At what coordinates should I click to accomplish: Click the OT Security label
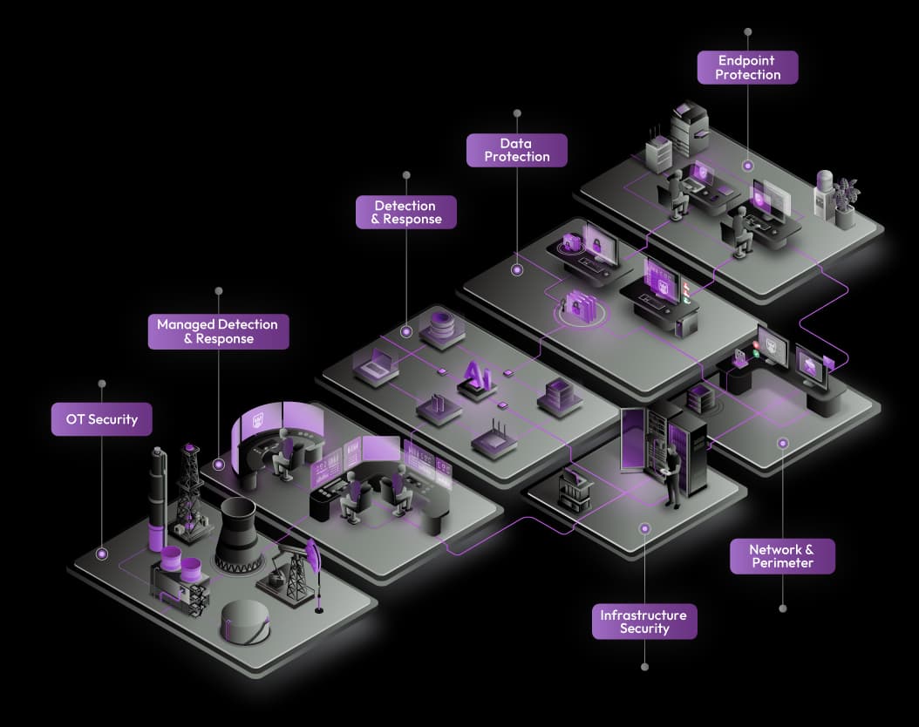(101, 419)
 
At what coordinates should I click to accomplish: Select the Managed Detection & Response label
(218, 331)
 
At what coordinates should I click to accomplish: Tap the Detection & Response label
(406, 212)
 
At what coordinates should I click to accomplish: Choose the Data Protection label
(516, 150)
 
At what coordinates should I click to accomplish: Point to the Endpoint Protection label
(747, 67)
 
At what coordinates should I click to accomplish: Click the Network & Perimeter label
(782, 556)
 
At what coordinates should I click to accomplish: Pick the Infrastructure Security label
(644, 622)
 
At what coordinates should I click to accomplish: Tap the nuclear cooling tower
(236, 535)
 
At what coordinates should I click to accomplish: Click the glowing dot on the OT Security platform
(102, 554)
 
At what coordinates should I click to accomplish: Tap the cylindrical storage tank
(246, 622)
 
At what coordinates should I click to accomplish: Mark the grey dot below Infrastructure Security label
(644, 667)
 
